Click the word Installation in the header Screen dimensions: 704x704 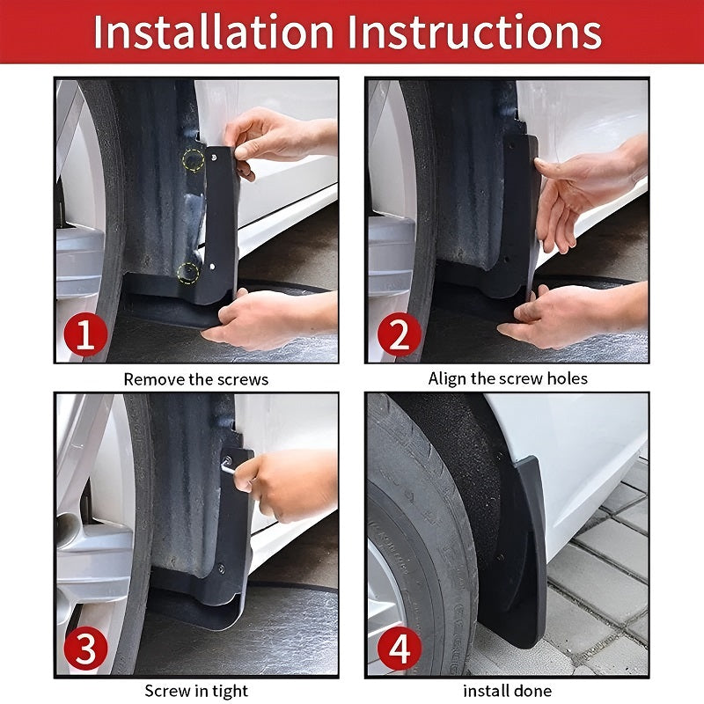(x=214, y=32)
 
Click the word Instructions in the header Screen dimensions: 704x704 (x=475, y=32)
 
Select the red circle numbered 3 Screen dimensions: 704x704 (x=85, y=650)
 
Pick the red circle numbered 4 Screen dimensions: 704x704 (x=398, y=650)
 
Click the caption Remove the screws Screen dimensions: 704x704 (x=195, y=379)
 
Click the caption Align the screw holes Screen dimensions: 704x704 (x=508, y=378)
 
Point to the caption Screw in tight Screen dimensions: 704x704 (x=196, y=691)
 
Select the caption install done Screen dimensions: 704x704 (x=508, y=691)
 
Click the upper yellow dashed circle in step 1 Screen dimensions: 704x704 (x=193, y=159)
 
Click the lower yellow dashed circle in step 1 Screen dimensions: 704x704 (x=187, y=272)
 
